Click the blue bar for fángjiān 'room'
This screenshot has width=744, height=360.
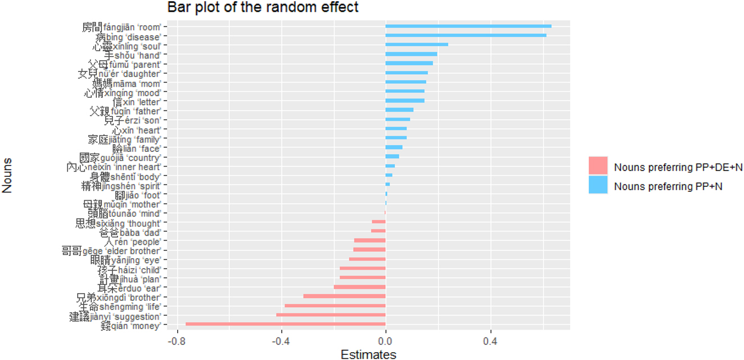tap(468, 26)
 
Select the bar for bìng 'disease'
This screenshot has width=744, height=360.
tap(466, 36)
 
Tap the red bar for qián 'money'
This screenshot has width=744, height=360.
tap(286, 325)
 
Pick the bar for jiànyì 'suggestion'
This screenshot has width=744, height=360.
tap(331, 315)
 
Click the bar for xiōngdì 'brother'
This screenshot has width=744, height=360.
tap(344, 296)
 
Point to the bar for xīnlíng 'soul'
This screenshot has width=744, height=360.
tap(417, 45)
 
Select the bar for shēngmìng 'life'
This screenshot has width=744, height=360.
tap(335, 306)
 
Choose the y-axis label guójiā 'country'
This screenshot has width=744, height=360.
tap(120, 157)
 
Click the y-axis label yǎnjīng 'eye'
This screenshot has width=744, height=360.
tap(126, 260)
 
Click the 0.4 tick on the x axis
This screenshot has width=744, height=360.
tap(490, 341)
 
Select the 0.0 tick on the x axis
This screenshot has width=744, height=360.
tap(386, 341)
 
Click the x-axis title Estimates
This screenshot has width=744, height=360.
tap(368, 354)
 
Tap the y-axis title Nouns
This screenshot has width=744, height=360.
tap(8, 176)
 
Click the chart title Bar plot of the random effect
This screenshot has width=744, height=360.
tap(263, 8)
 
